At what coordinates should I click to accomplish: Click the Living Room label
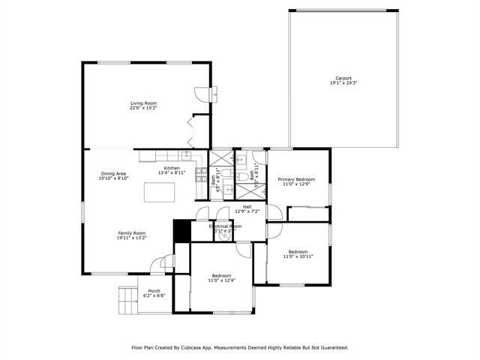tap(142, 103)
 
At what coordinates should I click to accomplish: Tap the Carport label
tap(343, 78)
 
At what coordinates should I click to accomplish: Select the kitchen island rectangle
tap(160, 192)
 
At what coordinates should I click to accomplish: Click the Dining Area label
tap(115, 174)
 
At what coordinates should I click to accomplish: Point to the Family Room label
tap(131, 232)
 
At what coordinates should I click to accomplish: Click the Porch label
tap(154, 291)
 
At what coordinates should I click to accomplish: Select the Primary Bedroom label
tap(296, 179)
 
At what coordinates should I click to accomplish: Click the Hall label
tap(247, 206)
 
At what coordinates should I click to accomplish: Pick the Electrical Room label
tap(224, 226)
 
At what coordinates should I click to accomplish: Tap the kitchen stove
tap(201, 175)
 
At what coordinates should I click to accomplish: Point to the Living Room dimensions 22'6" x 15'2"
tap(142, 108)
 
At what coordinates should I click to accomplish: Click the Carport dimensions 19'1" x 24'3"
tap(343, 83)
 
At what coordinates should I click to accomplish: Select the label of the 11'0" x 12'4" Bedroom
tap(221, 275)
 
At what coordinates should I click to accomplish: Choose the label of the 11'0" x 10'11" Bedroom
tap(298, 252)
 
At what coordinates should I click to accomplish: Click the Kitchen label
tap(172, 168)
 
